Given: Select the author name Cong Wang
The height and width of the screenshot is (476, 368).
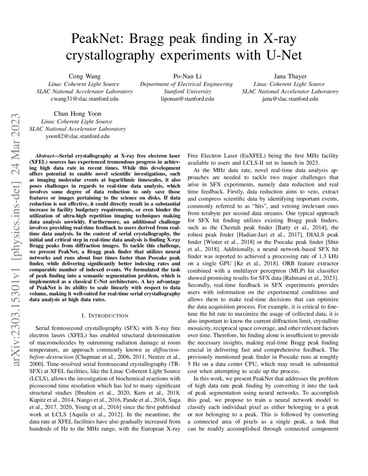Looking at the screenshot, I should tap(84, 76).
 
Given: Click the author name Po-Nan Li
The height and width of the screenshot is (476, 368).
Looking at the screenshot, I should tap(186, 76).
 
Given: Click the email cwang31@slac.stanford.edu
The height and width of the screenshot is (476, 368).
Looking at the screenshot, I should tap(84, 99).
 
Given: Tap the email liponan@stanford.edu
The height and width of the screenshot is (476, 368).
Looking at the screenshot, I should tap(187, 99).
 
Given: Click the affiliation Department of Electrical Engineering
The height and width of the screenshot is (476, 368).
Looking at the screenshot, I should tap(187, 84).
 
